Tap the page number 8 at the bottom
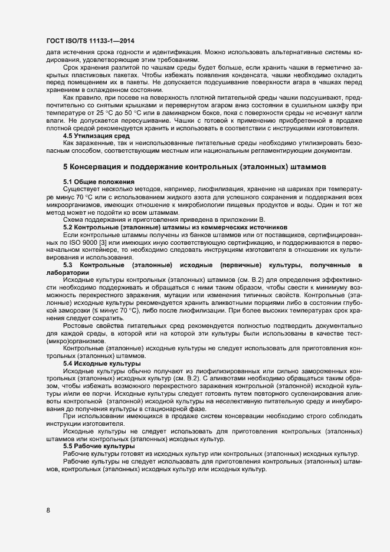click(48, 510)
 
